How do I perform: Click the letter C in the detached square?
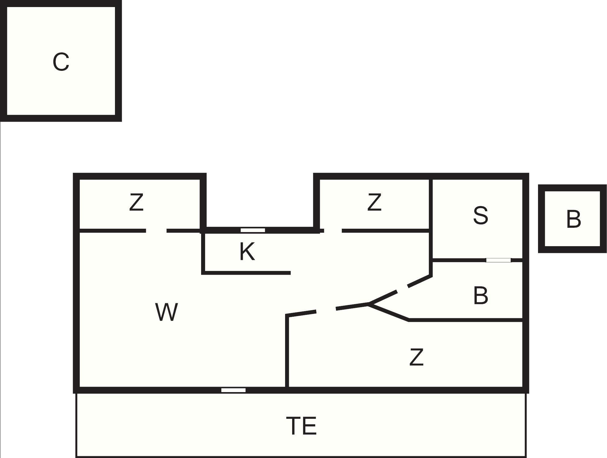(61, 62)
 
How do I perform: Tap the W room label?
(166, 312)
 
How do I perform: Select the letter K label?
(247, 251)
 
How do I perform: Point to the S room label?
(480, 215)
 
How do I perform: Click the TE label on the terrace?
(301, 426)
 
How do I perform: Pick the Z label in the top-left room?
(136, 202)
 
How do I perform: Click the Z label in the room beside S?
(374, 202)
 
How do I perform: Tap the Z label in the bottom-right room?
(417, 357)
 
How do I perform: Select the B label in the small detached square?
(573, 219)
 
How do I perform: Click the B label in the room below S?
(480, 296)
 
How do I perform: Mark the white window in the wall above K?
(253, 230)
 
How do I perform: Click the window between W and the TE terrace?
(233, 390)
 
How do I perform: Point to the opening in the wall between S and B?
(499, 260)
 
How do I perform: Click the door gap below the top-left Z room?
(156, 231)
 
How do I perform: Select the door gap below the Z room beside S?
(333, 231)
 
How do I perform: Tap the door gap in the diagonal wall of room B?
(403, 289)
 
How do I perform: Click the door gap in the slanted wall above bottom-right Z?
(326, 310)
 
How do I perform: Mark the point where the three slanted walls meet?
(368, 304)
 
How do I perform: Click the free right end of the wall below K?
(290, 273)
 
